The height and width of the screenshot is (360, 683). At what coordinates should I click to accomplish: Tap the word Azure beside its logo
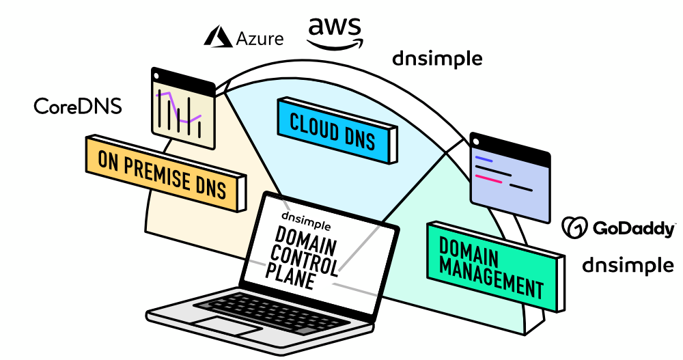(260, 39)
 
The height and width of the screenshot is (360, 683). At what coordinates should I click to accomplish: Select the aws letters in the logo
(335, 27)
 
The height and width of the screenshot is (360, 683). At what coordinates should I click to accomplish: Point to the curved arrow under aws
(335, 46)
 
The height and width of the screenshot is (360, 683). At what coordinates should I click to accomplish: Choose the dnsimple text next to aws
(437, 59)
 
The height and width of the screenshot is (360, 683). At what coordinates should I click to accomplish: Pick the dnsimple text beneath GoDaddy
(628, 265)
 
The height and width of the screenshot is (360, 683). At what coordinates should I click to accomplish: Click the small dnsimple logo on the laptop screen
(306, 221)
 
